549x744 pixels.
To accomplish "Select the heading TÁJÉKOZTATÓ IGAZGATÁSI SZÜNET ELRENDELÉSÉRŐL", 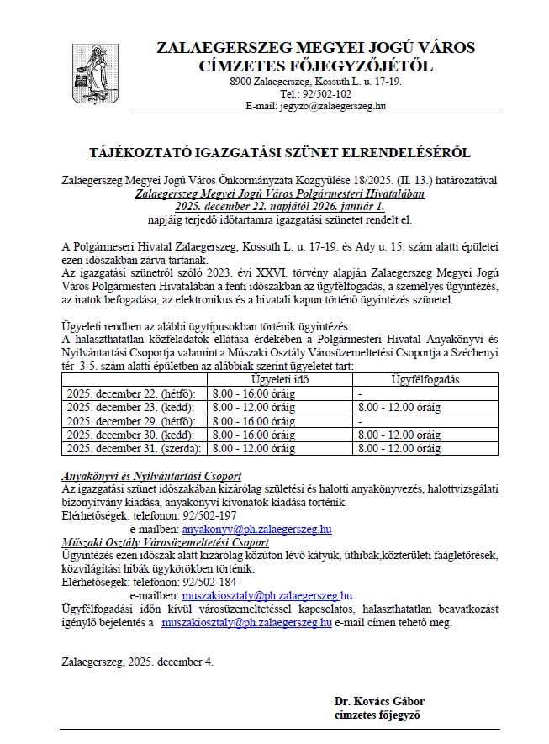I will pos(280,153).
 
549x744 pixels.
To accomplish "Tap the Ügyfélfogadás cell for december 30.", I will pos(399,435).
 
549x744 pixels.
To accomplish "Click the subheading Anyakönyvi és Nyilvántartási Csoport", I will pos(152,475).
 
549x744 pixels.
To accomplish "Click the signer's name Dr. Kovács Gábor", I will pos(378,701).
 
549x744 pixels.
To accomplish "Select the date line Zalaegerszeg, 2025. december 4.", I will pos(138,662).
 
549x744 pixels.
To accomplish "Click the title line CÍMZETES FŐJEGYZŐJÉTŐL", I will pos(316,65).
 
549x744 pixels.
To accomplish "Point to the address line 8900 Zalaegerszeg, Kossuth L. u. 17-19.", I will pos(316,82).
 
